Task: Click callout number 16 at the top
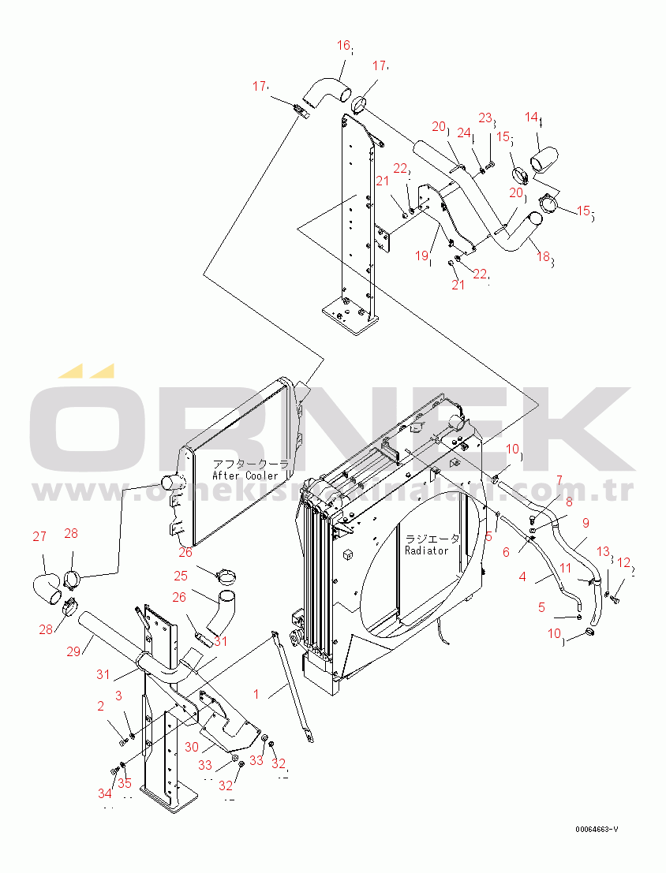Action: [x=343, y=46]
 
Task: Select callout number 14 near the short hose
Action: [x=533, y=118]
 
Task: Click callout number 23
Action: [x=485, y=118]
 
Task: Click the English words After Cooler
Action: [x=245, y=476]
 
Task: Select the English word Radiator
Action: [x=426, y=550]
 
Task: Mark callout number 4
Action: [x=522, y=577]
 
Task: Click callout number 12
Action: [x=623, y=563]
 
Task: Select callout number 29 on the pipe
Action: [x=73, y=651]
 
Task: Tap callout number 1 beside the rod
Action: [x=256, y=694]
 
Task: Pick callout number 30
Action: [x=191, y=748]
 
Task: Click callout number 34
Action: [x=105, y=793]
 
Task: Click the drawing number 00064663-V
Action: [x=597, y=830]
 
